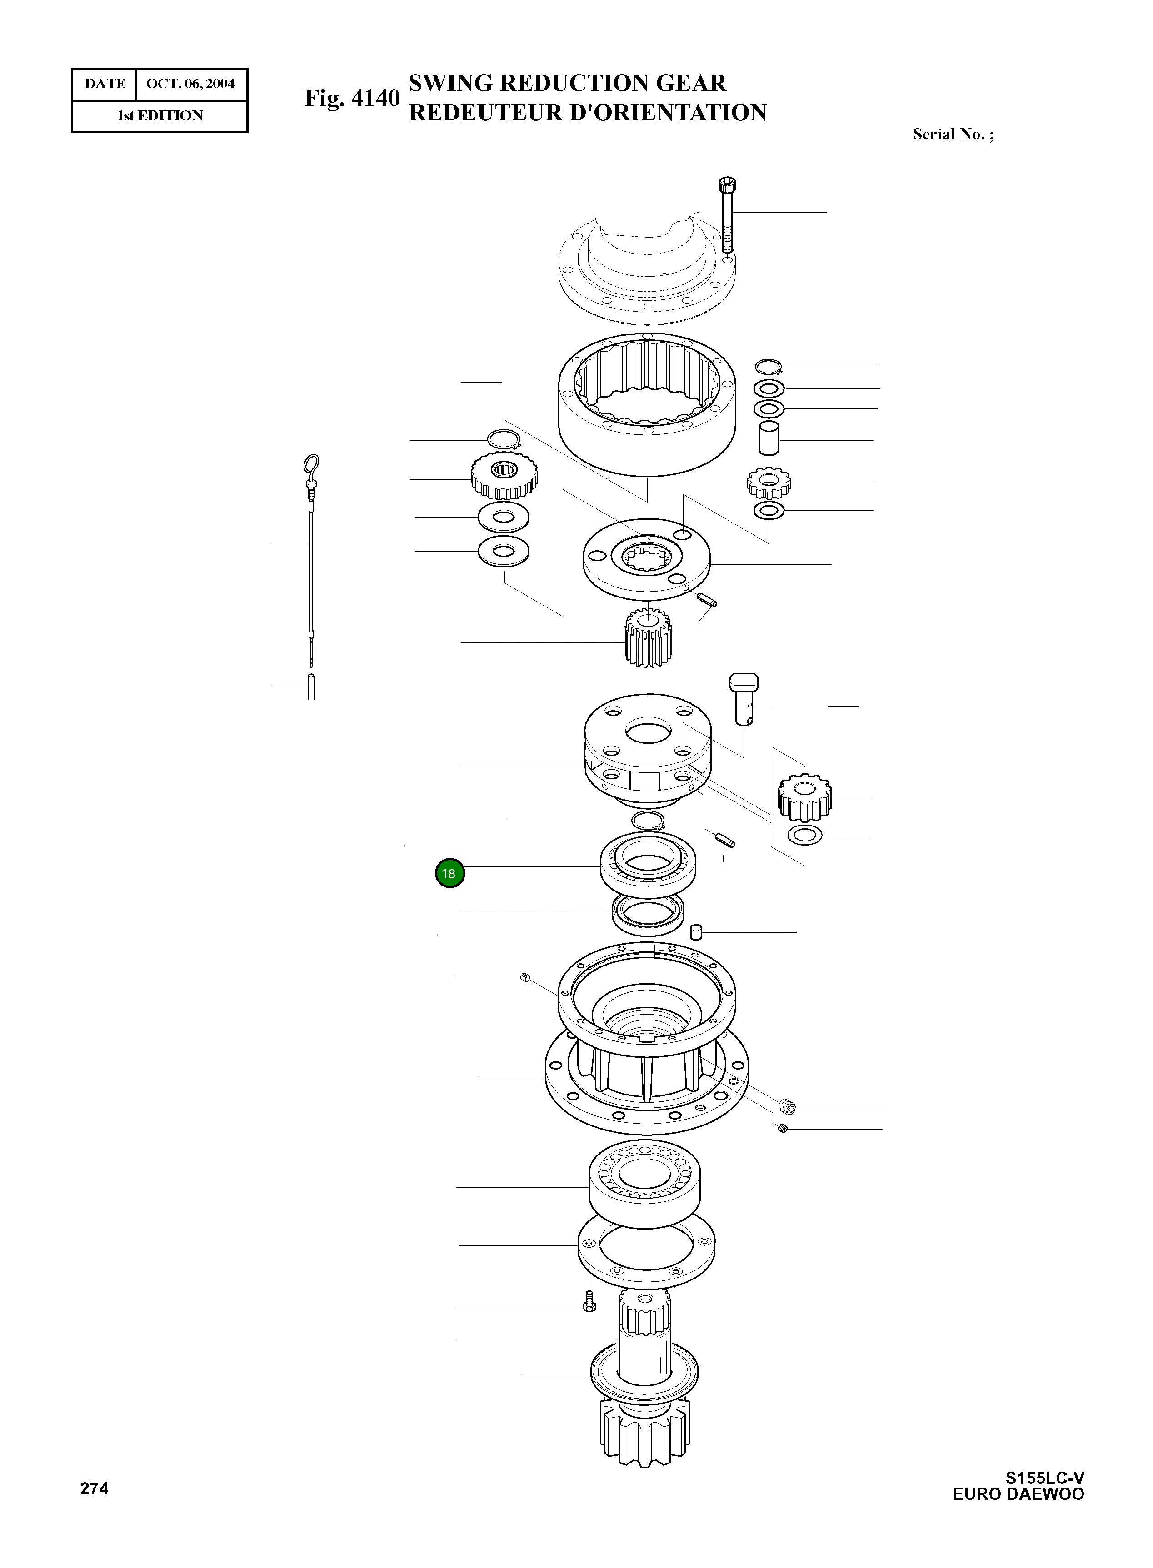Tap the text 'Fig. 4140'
tap(352, 99)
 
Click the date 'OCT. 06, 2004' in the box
tap(190, 84)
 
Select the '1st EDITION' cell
tap(160, 116)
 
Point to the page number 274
tap(94, 1489)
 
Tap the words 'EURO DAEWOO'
tap(1018, 1494)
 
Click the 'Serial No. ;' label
tap(953, 134)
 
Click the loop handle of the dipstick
tap(311, 463)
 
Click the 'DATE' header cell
tap(105, 84)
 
